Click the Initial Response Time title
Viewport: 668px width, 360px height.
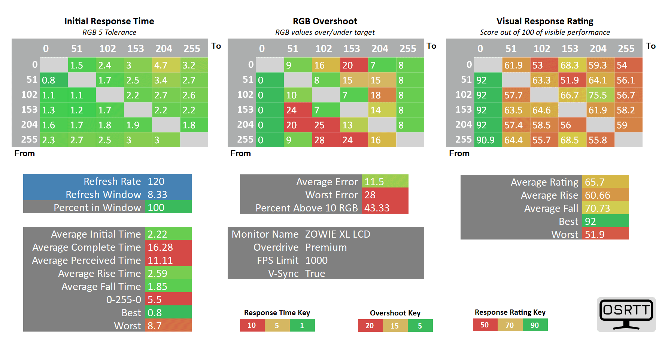(109, 21)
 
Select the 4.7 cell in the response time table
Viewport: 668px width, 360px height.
(166, 65)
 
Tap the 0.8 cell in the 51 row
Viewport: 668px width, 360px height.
(54, 80)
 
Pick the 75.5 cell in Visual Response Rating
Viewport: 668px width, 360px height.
(600, 95)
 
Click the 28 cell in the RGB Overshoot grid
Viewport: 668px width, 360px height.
(326, 140)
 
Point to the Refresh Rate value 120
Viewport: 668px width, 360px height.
(168, 181)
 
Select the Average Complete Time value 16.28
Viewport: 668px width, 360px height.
(168, 247)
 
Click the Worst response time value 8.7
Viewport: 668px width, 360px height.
(168, 326)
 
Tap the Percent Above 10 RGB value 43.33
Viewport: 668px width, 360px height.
(385, 208)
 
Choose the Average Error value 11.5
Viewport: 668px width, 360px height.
(385, 181)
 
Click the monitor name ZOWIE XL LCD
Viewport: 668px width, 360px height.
(337, 234)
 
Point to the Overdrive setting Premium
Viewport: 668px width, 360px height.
(326, 247)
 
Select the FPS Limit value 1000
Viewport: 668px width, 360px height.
(316, 260)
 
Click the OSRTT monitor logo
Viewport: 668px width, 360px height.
(626, 314)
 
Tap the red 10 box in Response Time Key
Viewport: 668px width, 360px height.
(252, 326)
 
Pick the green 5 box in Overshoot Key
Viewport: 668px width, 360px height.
(420, 326)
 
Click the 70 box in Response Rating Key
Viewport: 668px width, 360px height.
(510, 325)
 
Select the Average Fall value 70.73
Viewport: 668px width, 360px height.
(605, 208)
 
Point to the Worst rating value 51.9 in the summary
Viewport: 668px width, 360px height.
(605, 234)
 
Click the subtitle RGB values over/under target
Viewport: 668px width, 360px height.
(325, 33)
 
